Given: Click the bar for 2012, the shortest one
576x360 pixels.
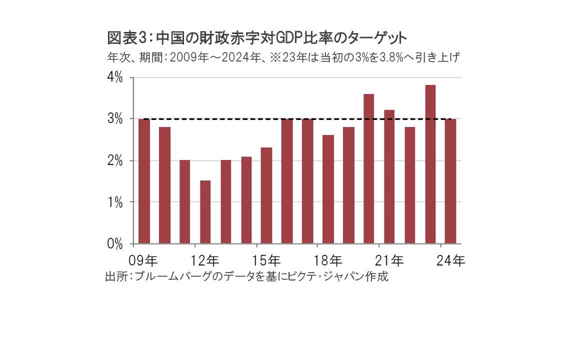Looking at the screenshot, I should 205,212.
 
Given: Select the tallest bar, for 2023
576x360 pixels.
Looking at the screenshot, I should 430,164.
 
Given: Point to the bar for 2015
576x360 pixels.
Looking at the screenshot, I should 266,195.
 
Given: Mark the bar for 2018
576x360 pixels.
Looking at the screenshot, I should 328,189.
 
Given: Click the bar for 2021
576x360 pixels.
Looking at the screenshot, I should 389,177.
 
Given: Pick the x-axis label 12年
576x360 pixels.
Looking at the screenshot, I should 205,260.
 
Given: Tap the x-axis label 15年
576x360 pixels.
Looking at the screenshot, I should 266,260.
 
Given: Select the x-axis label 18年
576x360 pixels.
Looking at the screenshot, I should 328,260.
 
